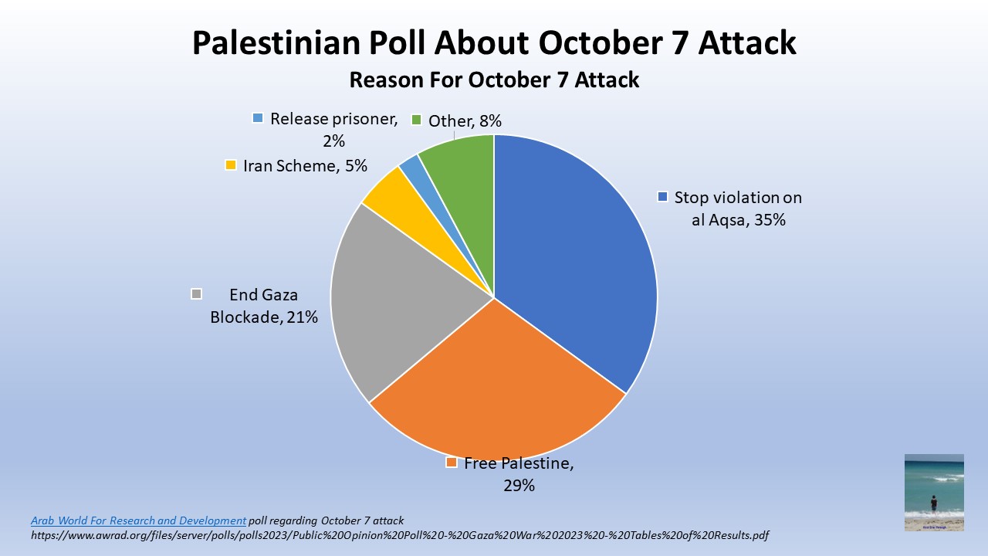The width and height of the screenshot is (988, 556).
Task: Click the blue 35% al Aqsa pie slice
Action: tap(579, 263)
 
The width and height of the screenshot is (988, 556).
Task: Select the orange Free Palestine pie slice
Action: tap(494, 386)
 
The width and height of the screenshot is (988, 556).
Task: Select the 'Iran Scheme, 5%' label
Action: tap(305, 165)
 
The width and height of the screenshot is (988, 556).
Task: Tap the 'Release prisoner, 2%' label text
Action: tap(333, 129)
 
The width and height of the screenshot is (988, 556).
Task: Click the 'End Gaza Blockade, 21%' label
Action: tap(264, 305)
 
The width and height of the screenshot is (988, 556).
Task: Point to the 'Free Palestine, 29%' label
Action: tap(519, 474)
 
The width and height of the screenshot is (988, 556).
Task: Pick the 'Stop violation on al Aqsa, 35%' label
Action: tap(738, 208)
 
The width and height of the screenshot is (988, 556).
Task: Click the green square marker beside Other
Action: tap(416, 120)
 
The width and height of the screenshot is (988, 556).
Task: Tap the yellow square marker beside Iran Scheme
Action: tap(230, 165)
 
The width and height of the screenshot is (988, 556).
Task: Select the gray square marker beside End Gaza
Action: tap(196, 293)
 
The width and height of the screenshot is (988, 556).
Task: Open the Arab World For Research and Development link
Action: tap(138, 520)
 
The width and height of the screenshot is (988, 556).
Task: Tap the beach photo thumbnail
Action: tap(934, 492)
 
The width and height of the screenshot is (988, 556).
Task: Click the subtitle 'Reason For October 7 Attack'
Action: tap(494, 80)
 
